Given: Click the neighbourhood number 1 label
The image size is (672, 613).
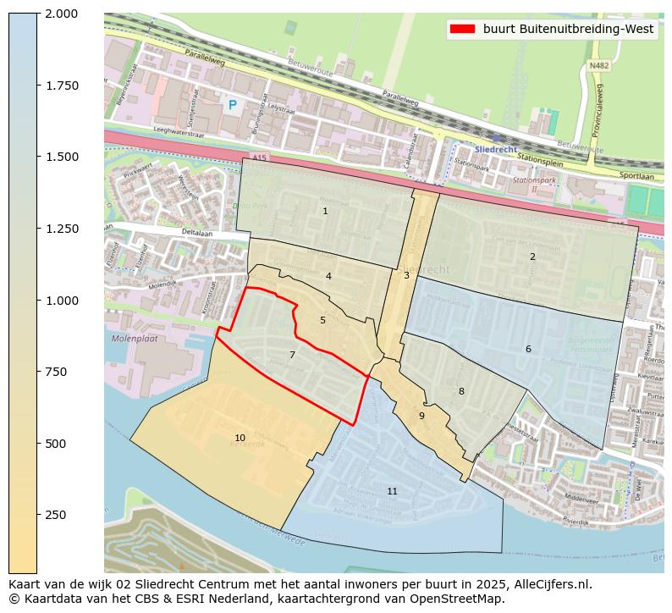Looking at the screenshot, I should pyautogui.click(x=325, y=211).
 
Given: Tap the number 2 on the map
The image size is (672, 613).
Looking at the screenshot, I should pyautogui.click(x=532, y=257).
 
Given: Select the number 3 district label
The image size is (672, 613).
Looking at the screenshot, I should pyautogui.click(x=406, y=275).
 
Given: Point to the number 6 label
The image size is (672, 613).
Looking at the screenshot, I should pyautogui.click(x=528, y=349).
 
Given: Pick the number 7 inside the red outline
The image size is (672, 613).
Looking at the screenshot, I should pyautogui.click(x=292, y=355).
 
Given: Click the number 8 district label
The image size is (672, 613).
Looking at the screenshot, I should pyautogui.click(x=461, y=391).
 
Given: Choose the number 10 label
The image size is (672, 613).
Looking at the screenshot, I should pyautogui.click(x=240, y=438).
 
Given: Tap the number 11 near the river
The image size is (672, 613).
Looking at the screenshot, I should pyautogui.click(x=392, y=491).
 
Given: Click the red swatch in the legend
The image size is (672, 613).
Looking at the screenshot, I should pyautogui.click(x=462, y=29).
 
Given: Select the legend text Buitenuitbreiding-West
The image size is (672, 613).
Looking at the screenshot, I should pyautogui.click(x=569, y=29).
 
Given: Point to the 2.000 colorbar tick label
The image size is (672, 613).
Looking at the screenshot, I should pyautogui.click(x=61, y=14).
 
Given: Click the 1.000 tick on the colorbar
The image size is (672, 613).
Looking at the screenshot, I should pyautogui.click(x=61, y=301).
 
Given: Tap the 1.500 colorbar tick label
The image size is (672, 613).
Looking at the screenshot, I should pyautogui.click(x=61, y=157).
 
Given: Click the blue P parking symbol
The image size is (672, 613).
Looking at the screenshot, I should pyautogui.click(x=232, y=105).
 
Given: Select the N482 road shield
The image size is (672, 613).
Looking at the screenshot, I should pyautogui.click(x=599, y=65).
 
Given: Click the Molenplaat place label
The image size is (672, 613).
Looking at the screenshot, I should pyautogui.click(x=134, y=339).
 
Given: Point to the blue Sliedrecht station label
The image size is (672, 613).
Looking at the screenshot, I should pyautogui.click(x=495, y=149).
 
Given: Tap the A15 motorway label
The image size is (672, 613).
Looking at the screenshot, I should pyautogui.click(x=260, y=158).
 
